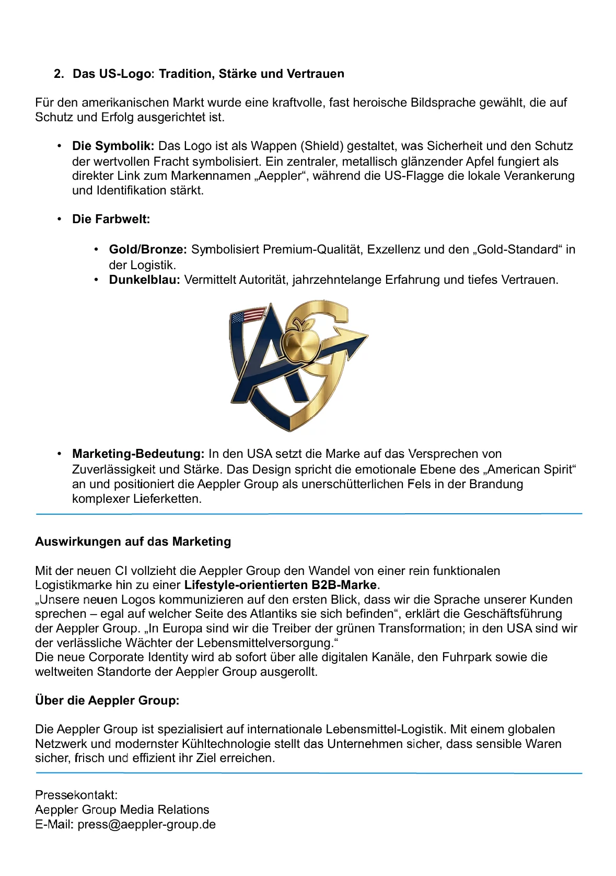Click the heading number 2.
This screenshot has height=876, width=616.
tap(59, 74)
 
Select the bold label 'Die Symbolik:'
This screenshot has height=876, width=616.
tap(113, 146)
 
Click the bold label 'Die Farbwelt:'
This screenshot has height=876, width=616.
tap(111, 219)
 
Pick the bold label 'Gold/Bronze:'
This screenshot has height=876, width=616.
tap(148, 249)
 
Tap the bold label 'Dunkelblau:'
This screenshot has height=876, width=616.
tap(144, 280)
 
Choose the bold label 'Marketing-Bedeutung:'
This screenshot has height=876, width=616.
tap(138, 454)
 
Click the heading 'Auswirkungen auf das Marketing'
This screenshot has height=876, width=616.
tap(133, 541)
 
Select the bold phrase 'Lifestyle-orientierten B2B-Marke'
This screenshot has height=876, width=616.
tap(280, 585)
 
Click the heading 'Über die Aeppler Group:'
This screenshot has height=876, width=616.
tap(107, 700)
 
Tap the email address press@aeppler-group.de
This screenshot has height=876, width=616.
tap(146, 824)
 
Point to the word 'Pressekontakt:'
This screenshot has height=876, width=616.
tap(76, 795)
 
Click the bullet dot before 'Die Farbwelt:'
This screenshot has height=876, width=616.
tap(60, 219)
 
